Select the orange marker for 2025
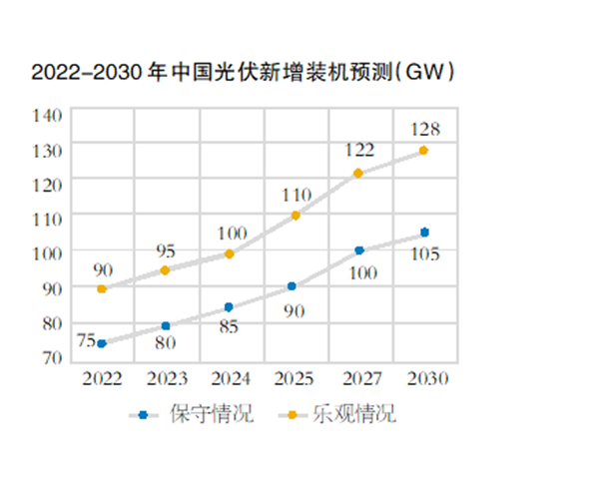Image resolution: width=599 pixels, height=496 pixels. pos(296,216)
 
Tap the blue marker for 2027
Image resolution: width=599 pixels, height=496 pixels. pos(359,250)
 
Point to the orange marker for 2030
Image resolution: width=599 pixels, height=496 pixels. pos(424,151)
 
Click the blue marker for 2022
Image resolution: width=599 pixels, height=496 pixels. pos(102,343)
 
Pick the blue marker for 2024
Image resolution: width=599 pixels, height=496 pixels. pos(229,307)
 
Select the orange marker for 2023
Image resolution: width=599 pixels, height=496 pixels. pos(166,270)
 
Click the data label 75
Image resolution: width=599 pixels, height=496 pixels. pos(85,339)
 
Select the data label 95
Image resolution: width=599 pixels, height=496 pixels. pos(166,249)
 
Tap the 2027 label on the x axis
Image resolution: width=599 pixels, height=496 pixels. pos(360,379)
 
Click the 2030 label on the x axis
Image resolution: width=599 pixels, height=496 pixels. pos(425,379)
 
